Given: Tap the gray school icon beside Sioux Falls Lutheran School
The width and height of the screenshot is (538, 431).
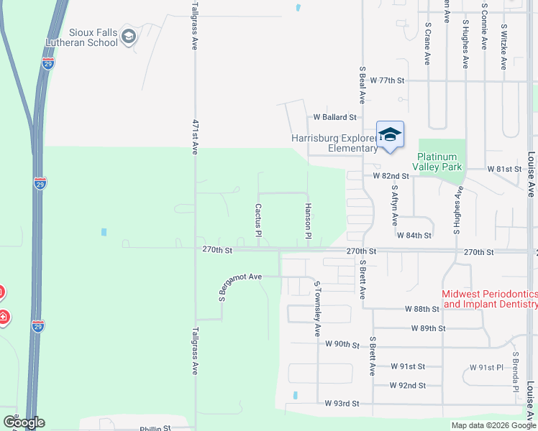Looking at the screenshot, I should tap(129, 37).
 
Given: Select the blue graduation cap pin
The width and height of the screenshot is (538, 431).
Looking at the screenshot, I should tap(390, 135).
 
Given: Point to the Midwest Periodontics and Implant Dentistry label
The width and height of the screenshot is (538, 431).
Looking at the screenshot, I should tap(489, 299).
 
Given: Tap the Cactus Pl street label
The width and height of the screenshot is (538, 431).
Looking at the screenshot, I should tap(257, 219).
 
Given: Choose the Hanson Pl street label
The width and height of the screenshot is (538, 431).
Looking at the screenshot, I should tap(307, 221).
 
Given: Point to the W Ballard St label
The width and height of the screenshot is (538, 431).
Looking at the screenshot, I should tap(334, 116).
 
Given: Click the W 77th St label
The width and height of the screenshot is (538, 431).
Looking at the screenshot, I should tap(389, 80).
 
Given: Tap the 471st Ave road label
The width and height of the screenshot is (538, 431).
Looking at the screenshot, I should tap(194, 136).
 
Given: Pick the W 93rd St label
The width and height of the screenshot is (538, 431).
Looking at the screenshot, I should tap(342, 404).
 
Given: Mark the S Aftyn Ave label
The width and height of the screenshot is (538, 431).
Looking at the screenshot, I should tap(394, 203).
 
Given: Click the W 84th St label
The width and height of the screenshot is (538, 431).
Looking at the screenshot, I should tap(414, 235).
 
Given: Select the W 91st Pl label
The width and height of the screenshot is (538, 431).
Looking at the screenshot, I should tap(486, 367).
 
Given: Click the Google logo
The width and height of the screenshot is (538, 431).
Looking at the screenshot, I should tap(24, 422).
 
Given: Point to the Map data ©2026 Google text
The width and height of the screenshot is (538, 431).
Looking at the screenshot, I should tap(493, 425).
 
